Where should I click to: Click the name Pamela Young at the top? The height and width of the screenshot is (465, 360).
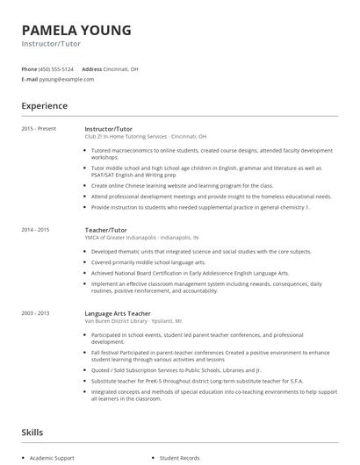(76, 30)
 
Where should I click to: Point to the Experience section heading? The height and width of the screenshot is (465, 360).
(44, 106)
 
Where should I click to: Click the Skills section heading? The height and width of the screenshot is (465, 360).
(32, 433)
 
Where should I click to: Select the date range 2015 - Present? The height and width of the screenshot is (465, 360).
(39, 129)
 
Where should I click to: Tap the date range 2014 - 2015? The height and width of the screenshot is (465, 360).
(35, 229)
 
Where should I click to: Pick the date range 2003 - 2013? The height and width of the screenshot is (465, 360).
(35, 312)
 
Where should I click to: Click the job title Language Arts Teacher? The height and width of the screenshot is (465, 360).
(119, 312)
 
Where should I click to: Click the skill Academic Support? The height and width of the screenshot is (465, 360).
(54, 458)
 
